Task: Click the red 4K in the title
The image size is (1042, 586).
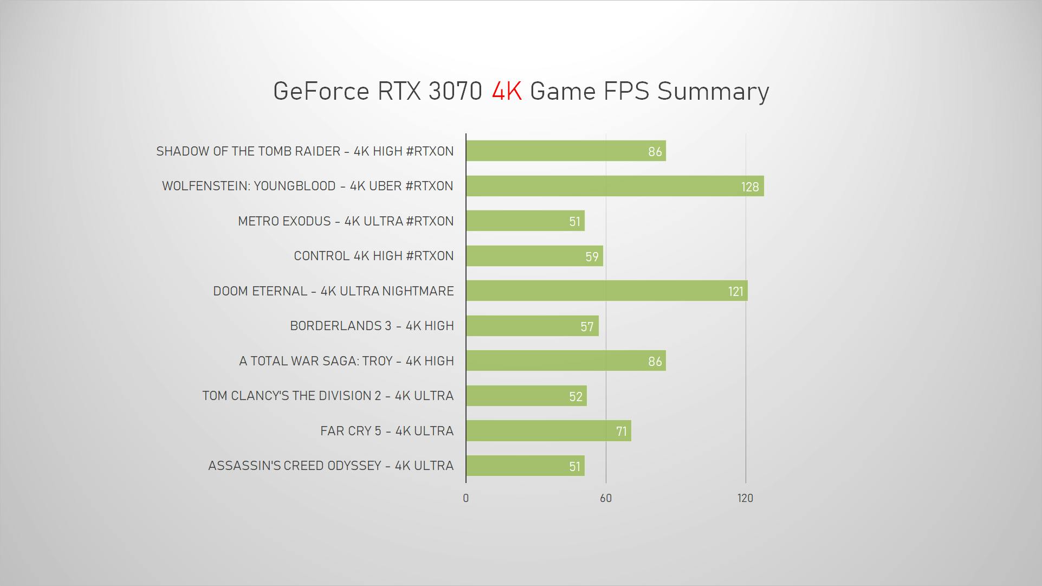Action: (507, 91)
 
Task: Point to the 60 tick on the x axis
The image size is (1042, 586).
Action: (606, 498)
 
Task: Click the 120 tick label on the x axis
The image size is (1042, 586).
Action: (745, 498)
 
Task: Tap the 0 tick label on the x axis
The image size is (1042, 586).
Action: (466, 498)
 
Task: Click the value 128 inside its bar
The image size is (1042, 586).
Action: (750, 187)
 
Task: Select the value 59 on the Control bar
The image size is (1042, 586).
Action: (592, 257)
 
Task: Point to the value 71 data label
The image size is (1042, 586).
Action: (622, 432)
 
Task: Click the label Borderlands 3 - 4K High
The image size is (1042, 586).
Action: (372, 326)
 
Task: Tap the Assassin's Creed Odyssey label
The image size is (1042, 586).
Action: (331, 466)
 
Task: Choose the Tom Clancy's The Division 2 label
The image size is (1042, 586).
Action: (328, 396)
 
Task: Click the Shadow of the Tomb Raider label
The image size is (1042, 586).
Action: (305, 151)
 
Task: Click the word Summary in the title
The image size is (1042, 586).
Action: (713, 91)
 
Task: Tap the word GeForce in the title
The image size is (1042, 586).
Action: (321, 91)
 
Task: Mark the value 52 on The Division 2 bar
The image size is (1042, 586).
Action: (575, 397)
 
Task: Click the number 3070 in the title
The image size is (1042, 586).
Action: (455, 91)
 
